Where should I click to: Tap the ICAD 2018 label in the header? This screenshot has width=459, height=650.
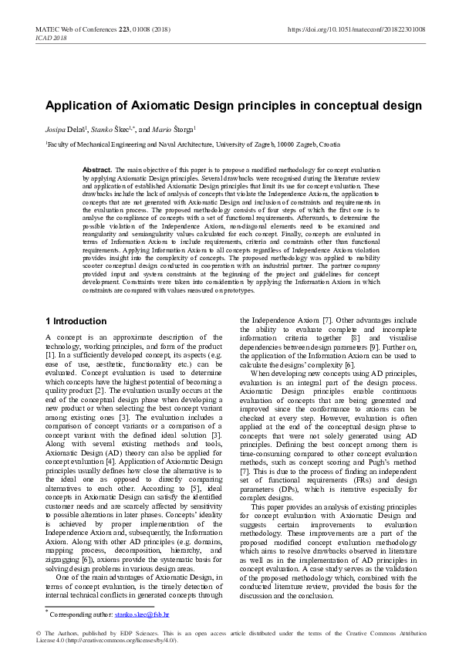pyautogui.click(x=52, y=37)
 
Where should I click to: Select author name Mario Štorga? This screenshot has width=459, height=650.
pyautogui.click(x=174, y=129)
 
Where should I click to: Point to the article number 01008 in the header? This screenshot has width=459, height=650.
pyautogui.click(x=129, y=29)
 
